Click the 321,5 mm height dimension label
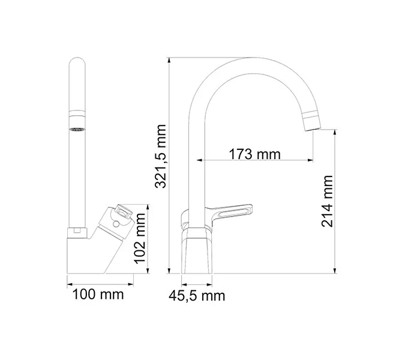[160, 157]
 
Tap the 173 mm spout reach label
[255, 154]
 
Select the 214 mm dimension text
[328, 201]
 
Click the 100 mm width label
[98, 294]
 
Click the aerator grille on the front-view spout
[78, 130]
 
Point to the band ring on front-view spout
[77, 112]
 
